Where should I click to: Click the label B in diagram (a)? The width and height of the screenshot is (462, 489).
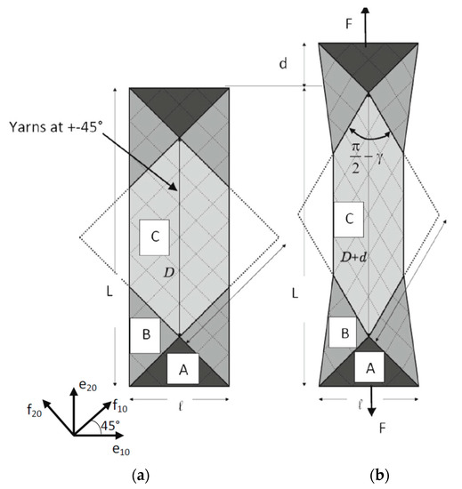(x=144, y=335)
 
